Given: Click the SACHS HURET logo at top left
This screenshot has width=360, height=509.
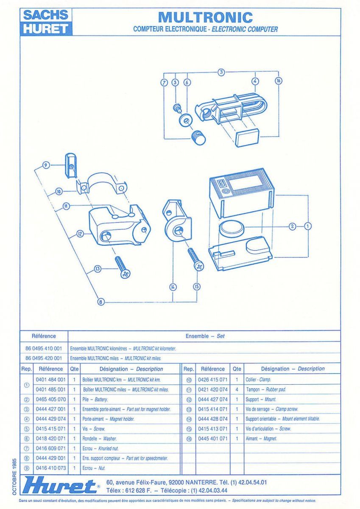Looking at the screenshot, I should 46,22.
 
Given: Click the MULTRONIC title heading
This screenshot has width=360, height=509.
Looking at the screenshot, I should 205,17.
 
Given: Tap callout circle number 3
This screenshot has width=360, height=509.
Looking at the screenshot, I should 221,72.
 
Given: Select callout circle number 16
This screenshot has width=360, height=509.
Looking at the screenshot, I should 278,81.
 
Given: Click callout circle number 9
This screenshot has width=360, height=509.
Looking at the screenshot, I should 46,165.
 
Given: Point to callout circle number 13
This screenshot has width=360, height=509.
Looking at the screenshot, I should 98,268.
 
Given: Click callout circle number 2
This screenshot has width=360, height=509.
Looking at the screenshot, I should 292,226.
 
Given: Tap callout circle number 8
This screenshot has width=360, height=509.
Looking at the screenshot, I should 100,302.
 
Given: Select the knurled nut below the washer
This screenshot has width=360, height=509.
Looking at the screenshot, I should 198,137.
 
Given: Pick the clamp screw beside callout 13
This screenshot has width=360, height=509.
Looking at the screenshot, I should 122,267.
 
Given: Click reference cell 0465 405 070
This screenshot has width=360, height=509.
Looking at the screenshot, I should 51,400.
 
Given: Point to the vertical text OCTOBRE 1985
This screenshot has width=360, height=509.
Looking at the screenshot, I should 14,476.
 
